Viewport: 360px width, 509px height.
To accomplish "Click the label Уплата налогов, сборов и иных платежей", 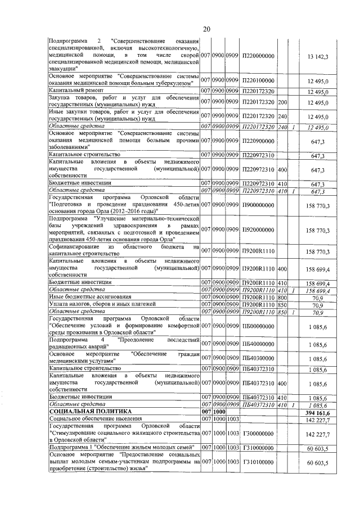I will tap(101, 304).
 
